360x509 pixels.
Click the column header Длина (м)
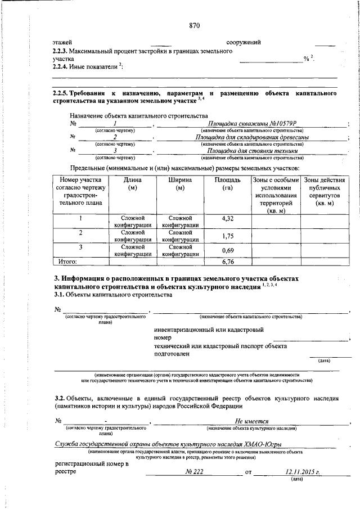133,184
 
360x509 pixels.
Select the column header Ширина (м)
180,184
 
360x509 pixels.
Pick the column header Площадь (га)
227,184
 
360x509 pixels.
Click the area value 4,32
227,218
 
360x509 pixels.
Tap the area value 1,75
227,236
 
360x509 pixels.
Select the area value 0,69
227,250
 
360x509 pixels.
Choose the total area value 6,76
227,261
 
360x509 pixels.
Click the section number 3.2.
61,398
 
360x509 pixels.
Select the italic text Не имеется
251,421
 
